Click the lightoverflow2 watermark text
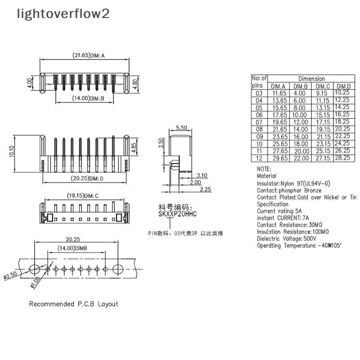[63, 14]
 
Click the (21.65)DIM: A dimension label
[88, 56]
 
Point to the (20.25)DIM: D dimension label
[88, 178]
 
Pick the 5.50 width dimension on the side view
[181, 128]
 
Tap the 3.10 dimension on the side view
[202, 175]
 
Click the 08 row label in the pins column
[258, 129]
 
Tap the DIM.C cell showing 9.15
[322, 93]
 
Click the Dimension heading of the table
[311, 79]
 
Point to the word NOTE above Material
[264, 168]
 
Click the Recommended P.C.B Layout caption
[73, 304]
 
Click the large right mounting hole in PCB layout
[118, 269]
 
